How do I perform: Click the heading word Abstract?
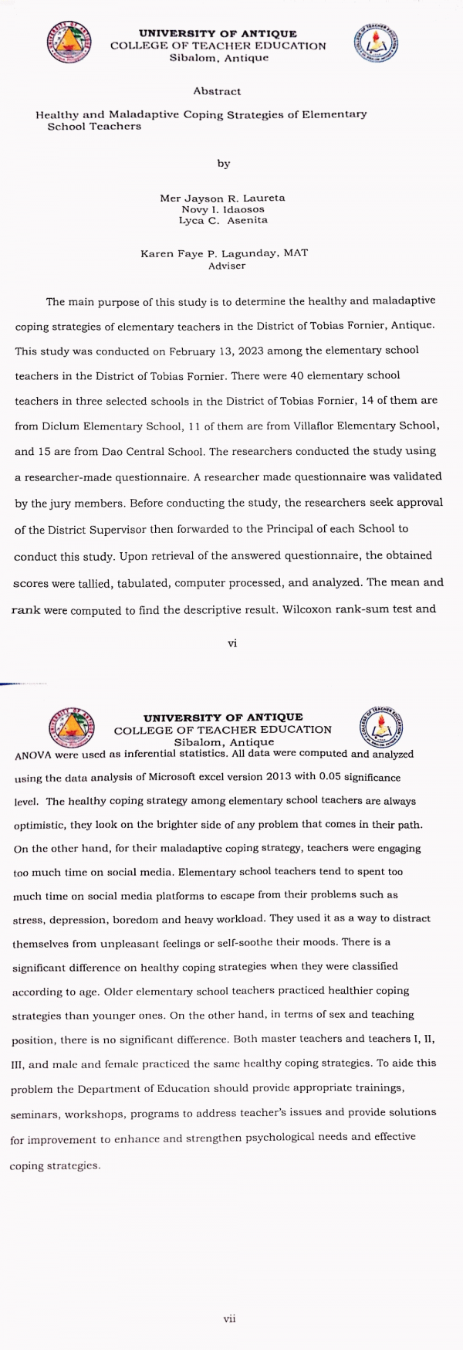coord(217,91)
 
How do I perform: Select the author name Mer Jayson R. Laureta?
coord(222,198)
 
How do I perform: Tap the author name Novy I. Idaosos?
coord(222,209)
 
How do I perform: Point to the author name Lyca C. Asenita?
coord(222,220)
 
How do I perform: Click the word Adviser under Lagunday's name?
coord(226,266)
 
